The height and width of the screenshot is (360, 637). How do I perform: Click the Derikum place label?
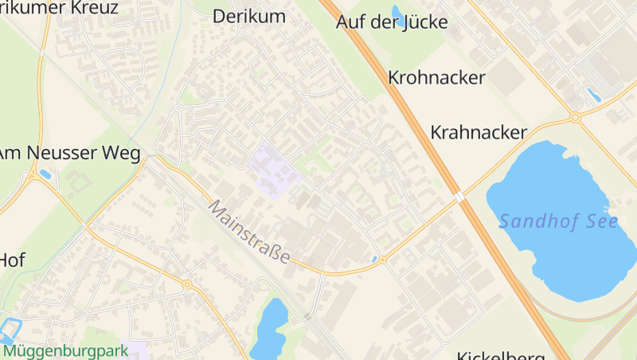(x=248, y=16)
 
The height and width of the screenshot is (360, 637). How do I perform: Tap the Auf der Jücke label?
(x=392, y=22)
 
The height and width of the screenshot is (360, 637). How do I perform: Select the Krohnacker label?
(x=436, y=77)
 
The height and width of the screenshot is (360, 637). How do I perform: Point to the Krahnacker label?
(x=479, y=132)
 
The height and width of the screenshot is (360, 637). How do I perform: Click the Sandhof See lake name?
(x=558, y=221)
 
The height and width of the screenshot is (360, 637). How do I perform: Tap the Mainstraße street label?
(x=249, y=232)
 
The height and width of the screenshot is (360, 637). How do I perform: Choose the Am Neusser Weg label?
(x=68, y=153)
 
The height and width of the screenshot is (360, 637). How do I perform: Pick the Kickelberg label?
(x=501, y=355)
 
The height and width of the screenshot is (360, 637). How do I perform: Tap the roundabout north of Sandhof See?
(x=575, y=118)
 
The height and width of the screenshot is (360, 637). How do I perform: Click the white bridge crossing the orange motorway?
(x=459, y=196)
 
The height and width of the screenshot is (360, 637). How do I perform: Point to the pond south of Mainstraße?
(x=269, y=328)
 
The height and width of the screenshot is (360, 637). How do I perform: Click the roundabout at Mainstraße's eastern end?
(x=382, y=260)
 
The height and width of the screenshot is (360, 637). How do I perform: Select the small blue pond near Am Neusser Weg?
(x=45, y=174)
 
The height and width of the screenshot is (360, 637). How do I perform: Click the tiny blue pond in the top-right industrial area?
(x=593, y=96)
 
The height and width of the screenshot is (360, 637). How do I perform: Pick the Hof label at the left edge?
(x=12, y=260)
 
